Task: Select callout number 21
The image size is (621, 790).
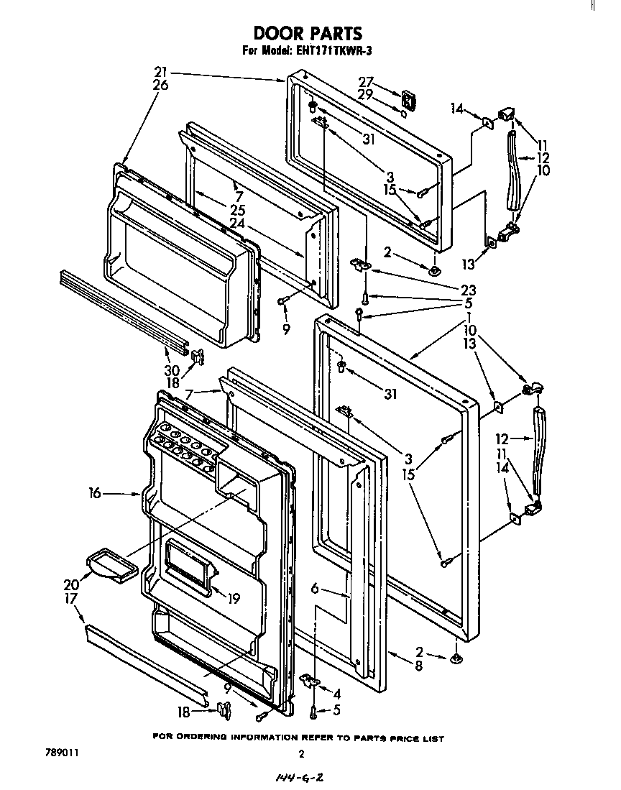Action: pos(160,72)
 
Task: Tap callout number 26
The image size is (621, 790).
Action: pos(160,85)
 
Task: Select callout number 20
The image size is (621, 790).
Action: pos(72,585)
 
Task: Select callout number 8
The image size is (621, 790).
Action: pos(418,666)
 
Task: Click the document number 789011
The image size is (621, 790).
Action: pos(60,754)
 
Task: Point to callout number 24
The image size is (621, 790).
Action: pos(237,223)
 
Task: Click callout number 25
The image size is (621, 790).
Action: pos(237,211)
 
